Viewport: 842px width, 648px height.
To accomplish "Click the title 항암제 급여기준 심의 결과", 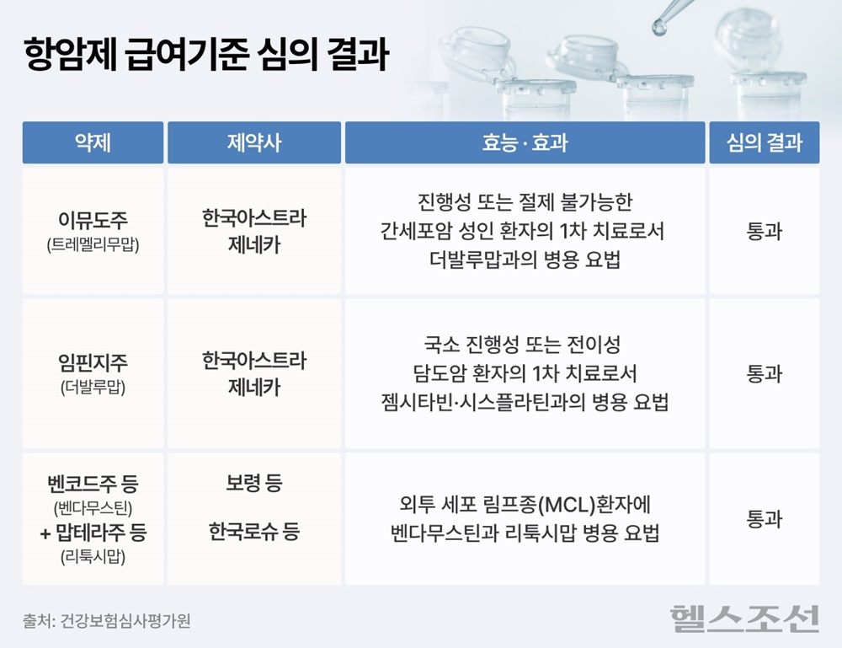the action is [x=206, y=54].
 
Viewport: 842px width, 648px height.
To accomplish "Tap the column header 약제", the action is [x=93, y=142].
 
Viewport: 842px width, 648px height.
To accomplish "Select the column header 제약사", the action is [x=254, y=142].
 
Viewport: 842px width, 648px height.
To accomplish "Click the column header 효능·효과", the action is [x=525, y=142].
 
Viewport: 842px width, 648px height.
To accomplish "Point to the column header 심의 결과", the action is [x=765, y=142].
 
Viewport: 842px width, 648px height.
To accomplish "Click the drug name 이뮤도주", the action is [x=93, y=220].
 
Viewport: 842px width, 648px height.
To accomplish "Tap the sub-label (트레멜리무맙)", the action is [x=93, y=245].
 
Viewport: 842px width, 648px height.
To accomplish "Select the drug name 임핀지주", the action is [x=93, y=362].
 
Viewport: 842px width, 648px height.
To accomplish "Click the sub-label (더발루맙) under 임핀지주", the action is [x=93, y=388].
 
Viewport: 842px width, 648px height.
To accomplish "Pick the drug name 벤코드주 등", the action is [x=93, y=484].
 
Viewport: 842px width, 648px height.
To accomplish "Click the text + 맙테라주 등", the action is [x=93, y=533].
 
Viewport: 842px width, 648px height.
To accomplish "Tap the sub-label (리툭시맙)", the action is [x=93, y=557].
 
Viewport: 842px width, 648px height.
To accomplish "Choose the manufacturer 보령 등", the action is [x=254, y=483].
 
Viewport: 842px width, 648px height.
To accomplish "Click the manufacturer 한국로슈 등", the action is [x=254, y=532].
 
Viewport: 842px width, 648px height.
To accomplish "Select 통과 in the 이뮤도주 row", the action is [x=765, y=231].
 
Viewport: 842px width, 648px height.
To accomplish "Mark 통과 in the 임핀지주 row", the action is [x=765, y=373].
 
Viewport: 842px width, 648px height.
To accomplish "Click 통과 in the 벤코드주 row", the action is [x=765, y=519].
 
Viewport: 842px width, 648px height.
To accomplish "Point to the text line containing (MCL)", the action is [x=525, y=505].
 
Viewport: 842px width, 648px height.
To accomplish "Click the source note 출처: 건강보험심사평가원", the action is [x=106, y=621].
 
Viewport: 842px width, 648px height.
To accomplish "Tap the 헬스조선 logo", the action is [x=745, y=619].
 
